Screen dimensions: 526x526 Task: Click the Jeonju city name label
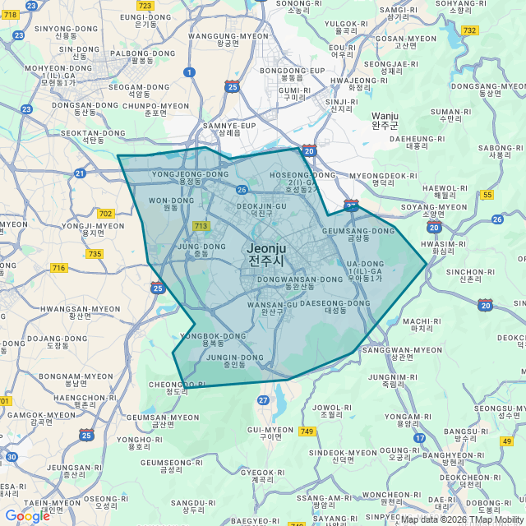pos(267,254)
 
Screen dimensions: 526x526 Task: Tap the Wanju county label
pos(385,121)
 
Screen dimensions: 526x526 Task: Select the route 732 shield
pos(469,30)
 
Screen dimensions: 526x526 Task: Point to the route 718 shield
pos(8,14)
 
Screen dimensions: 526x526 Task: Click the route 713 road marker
pos(200,226)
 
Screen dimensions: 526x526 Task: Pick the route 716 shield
pos(58,268)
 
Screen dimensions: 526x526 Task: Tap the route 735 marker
pos(95,254)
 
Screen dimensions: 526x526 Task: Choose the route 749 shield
pos(307,431)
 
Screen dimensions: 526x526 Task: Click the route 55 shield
pos(487,195)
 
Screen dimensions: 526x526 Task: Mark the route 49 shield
pos(506,441)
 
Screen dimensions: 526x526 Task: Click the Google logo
pos(27,516)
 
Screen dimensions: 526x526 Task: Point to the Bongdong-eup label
pos(292,76)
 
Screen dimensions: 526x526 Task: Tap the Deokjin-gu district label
pos(261,210)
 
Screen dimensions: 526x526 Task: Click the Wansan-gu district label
pos(272,308)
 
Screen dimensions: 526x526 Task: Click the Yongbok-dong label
pos(213,340)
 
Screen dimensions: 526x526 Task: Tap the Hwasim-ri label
pos(443,248)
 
